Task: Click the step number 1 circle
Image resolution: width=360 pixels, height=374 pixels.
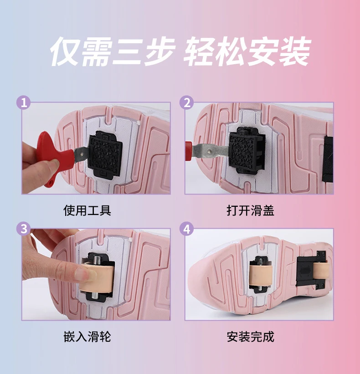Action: (24, 103)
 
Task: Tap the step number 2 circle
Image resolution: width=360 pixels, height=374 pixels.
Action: (187, 103)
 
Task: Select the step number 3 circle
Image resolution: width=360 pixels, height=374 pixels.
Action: (24, 229)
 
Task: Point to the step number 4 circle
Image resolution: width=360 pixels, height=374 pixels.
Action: (187, 229)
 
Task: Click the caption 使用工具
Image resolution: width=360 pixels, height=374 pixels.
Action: (87, 210)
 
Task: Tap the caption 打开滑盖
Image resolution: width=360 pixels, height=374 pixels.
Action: (251, 210)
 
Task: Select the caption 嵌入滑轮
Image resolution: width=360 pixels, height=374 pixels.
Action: (87, 337)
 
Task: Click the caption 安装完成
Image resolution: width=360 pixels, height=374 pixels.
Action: (251, 337)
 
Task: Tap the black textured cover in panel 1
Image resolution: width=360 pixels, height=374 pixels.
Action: (104, 154)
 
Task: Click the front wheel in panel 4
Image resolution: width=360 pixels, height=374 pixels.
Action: (261, 275)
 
